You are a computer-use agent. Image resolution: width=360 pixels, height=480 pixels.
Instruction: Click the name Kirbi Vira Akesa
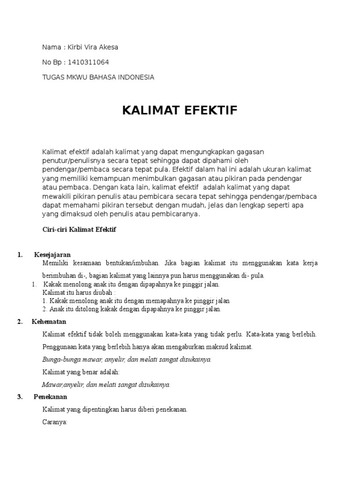[x=93, y=47]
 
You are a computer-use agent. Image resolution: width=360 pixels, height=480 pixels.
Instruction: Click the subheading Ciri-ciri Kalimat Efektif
[x=79, y=230]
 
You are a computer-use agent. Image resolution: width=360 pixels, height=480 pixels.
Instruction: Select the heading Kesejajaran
[x=52, y=255]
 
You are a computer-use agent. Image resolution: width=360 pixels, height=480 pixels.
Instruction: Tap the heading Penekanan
[x=51, y=397]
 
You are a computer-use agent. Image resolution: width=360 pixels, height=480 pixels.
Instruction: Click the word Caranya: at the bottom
[x=55, y=421]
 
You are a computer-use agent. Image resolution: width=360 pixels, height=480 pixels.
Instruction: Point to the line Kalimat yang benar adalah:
[x=81, y=372]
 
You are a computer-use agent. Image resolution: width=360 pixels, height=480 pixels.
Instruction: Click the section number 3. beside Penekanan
[x=20, y=397]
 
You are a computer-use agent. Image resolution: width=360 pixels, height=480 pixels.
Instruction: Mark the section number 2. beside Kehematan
[x=20, y=322]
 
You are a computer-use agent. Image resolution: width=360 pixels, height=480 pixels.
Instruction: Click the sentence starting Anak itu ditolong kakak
[x=132, y=309]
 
